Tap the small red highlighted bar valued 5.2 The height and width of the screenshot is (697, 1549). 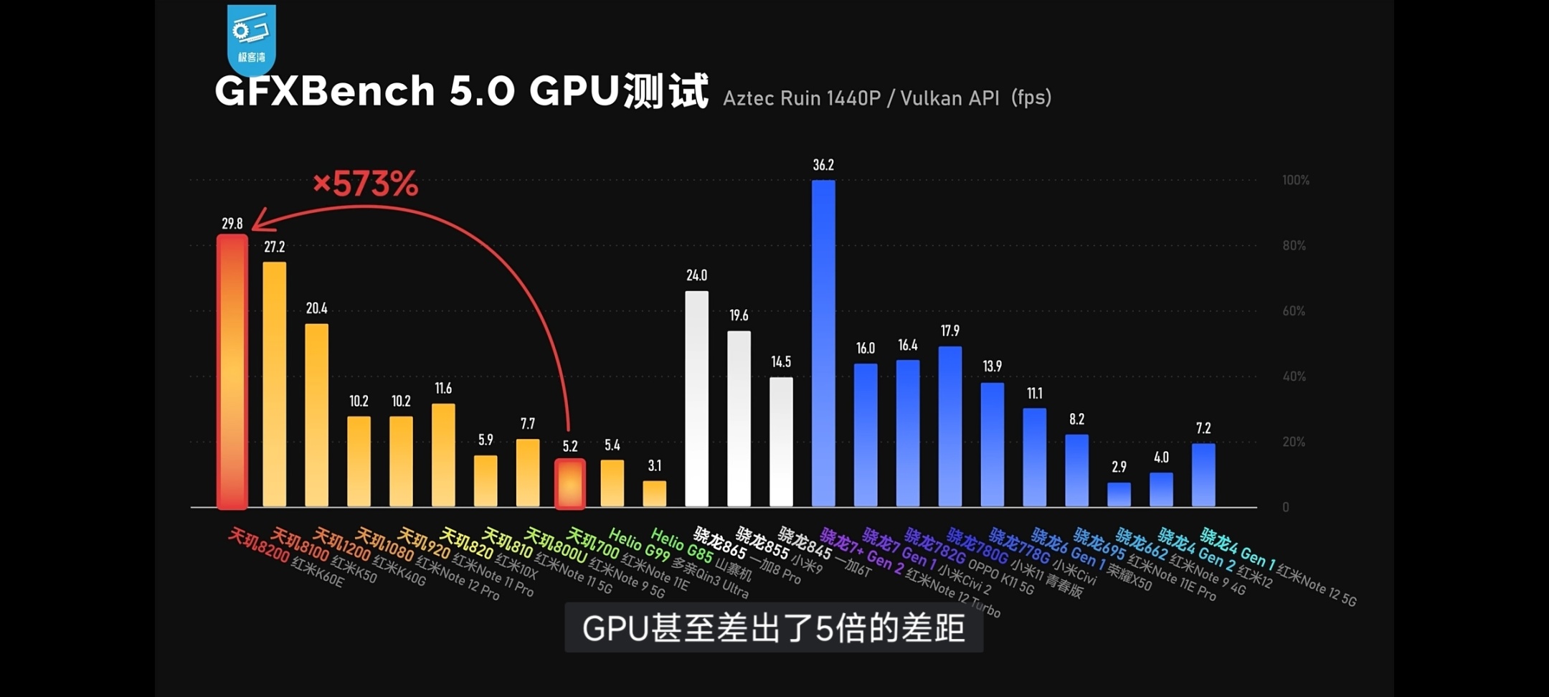coord(570,484)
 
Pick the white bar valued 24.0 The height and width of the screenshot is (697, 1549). coord(696,399)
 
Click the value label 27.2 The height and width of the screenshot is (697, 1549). coord(274,247)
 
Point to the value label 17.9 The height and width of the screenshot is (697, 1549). coord(949,331)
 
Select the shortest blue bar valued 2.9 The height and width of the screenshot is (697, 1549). coord(1119,494)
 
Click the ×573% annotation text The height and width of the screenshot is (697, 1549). coord(365,184)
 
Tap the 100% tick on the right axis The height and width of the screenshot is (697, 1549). coord(1295,180)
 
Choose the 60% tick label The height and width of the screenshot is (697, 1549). coord(1294,311)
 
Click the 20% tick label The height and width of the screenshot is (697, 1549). coord(1294,442)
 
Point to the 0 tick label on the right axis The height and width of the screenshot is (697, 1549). coord(1285,508)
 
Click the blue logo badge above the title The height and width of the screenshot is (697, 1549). coord(251,39)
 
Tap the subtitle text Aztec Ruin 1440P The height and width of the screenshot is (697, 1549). coord(801,98)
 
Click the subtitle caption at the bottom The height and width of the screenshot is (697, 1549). coord(773,628)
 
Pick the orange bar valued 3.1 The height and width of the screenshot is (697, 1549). coord(654,494)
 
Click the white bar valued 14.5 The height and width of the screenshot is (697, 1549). coord(781,442)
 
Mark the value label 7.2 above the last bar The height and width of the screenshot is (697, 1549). coord(1203,429)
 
